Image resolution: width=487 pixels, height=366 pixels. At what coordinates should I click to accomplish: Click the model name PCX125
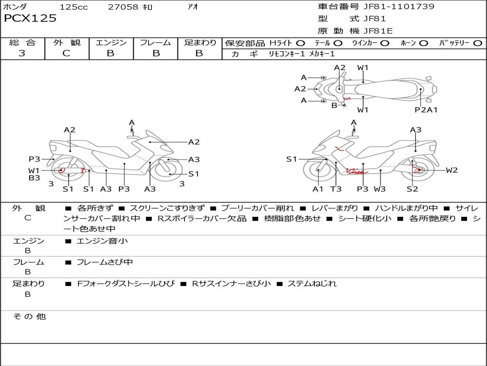30,19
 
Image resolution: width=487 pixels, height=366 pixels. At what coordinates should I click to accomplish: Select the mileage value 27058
123,7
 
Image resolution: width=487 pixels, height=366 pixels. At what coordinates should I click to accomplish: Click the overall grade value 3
21,53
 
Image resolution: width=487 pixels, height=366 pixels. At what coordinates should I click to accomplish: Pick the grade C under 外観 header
66,53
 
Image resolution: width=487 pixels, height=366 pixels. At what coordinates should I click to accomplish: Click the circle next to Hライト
301,43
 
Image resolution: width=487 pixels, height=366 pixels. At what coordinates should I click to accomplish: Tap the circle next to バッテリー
477,43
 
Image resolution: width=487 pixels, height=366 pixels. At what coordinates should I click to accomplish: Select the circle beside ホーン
424,43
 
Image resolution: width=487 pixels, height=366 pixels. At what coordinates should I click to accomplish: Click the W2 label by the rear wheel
452,170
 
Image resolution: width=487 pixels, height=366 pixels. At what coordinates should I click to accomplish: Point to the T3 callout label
336,189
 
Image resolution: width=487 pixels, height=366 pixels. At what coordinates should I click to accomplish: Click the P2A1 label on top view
426,110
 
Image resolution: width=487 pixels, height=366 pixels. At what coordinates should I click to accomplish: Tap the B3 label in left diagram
34,178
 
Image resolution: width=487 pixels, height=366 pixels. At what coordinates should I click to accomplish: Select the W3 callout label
380,189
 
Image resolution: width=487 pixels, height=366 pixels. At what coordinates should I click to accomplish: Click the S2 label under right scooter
412,189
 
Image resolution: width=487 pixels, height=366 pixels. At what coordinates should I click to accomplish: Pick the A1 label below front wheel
318,189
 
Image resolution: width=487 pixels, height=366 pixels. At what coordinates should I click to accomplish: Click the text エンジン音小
102,241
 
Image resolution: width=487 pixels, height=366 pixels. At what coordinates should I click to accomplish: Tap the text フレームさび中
105,263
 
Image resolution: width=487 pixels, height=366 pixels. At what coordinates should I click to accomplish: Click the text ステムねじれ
312,284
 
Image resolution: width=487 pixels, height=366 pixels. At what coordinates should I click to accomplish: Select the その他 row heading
29,316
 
